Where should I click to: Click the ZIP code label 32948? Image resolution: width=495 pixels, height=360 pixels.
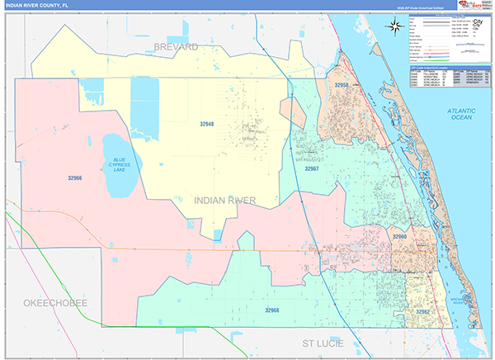206,125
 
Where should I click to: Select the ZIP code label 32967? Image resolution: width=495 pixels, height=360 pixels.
311,168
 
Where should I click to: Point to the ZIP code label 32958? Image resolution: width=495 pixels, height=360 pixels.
342,85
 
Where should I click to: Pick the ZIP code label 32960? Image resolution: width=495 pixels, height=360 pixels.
399,237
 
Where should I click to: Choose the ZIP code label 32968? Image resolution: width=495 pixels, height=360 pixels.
272,310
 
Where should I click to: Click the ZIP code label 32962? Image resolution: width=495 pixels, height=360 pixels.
422,312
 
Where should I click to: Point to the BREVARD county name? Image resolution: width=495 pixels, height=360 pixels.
175,47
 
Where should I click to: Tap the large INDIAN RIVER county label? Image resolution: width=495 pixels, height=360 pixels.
224,200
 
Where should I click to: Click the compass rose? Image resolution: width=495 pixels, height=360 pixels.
395,26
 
